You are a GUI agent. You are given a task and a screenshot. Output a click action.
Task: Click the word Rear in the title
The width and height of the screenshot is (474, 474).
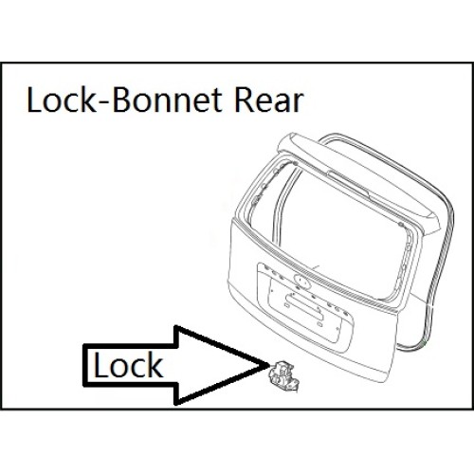pyautogui.click(x=268, y=100)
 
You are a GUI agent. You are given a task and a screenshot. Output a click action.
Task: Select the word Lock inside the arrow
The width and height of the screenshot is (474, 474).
pyautogui.click(x=128, y=366)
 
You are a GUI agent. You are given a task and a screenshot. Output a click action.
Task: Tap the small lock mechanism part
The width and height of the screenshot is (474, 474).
pyautogui.click(x=282, y=375)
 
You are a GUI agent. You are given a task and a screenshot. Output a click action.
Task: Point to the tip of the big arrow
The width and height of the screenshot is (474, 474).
pyautogui.click(x=268, y=366)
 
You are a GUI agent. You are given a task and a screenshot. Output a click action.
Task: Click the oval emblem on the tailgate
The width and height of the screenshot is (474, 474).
pyautogui.click(x=302, y=281)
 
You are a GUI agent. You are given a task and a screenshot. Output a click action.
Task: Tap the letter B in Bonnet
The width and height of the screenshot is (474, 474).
pyautogui.click(x=121, y=100)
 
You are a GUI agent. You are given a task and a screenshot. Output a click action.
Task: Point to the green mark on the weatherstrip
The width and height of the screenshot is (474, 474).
pyautogui.click(x=424, y=342)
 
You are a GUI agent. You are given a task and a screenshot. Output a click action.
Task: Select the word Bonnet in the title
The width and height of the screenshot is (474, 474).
pyautogui.click(x=168, y=100)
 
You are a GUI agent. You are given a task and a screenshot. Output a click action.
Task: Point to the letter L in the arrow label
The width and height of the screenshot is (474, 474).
pyautogui.click(x=100, y=365)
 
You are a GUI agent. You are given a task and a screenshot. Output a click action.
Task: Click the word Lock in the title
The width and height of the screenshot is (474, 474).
pyautogui.click(x=62, y=100)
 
